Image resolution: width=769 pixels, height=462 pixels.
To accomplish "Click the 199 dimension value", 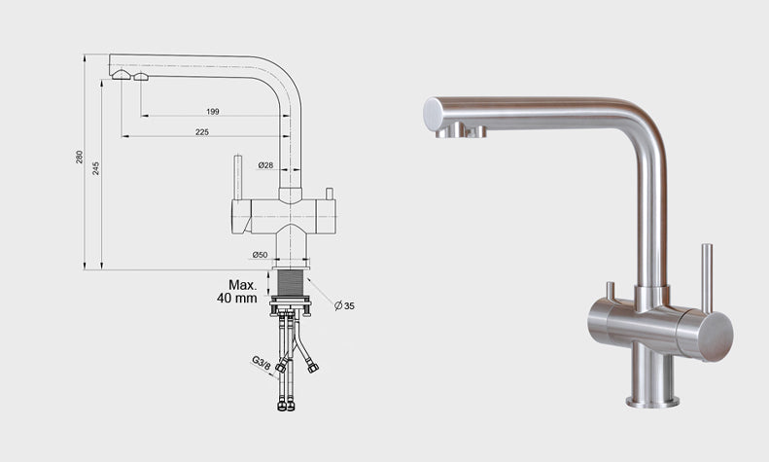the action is [212, 112].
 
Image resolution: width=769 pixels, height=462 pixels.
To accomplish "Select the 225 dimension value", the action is [202, 132].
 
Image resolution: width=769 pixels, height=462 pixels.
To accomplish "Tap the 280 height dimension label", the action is [80, 157].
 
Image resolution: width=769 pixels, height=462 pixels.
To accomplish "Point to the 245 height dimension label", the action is [96, 168].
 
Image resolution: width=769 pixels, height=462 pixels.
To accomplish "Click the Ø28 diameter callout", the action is [265, 165].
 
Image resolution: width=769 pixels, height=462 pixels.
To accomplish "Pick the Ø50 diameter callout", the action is [260, 255].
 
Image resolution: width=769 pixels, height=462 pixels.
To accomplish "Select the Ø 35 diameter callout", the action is [344, 306].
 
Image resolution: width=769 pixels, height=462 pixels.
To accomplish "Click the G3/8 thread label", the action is [261, 364].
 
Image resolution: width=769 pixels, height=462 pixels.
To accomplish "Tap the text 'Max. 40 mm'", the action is [237, 292].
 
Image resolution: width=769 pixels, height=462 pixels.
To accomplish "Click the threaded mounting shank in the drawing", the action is [291, 283].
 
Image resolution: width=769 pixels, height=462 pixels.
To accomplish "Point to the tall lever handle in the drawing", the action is [238, 178].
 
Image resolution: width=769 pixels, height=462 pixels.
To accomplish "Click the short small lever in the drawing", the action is [329, 194].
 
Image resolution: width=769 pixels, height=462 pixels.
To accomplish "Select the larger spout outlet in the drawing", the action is [121, 75].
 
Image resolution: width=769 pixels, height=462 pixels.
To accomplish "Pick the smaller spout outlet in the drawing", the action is [141, 77].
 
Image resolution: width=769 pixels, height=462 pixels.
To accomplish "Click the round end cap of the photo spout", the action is [433, 114].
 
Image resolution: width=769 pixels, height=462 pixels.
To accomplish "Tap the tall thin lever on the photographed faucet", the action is [707, 278].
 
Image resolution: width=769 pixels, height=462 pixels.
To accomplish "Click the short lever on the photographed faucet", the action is [611, 292].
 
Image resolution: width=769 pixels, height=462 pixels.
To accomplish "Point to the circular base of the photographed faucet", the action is [652, 402].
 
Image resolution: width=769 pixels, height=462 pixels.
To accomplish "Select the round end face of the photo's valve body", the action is [717, 337].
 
